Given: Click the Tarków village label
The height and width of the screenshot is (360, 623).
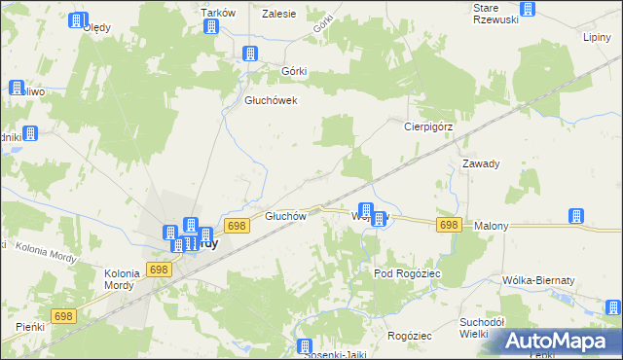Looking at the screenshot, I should click(213, 12).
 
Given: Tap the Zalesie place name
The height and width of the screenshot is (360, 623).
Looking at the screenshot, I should click(279, 13).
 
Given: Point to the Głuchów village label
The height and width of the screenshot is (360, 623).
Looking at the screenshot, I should click(286, 216).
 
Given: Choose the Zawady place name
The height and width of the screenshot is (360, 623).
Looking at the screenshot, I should click(481, 163).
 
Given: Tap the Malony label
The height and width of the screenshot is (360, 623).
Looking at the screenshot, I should click(492, 226).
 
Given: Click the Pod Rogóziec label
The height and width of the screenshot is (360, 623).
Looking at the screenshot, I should click(409, 274).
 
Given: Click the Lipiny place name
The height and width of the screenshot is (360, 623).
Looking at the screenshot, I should click(596, 37).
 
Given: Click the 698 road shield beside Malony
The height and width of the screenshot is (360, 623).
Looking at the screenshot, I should click(448, 225).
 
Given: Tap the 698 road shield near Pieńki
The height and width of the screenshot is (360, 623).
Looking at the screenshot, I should click(64, 316).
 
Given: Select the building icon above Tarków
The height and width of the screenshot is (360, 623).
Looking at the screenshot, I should click(211, 26).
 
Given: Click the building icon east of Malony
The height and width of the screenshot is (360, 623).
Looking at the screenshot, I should click(575, 216).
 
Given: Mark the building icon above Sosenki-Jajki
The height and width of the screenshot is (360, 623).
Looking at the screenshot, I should click(304, 345).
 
